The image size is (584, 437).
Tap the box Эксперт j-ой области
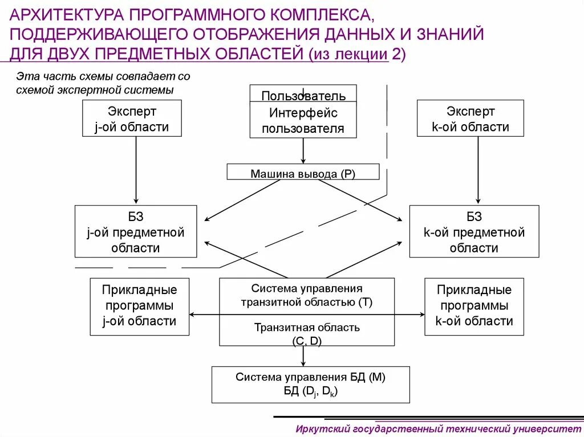tap(132, 119)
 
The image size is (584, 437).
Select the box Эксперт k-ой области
tap(471, 119)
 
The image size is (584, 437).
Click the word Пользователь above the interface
tap(303, 95)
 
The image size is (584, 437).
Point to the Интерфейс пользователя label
tap(303, 121)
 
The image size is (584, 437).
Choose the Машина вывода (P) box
tap(303, 173)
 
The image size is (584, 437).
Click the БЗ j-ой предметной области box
tap(136, 232)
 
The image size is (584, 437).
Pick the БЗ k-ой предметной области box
tap(474, 232)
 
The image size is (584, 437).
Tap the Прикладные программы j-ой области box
tap(139, 306)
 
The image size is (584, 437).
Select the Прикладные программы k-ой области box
tap(474, 306)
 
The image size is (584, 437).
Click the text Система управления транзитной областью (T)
tap(307, 295)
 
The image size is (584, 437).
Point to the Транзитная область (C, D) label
tap(307, 334)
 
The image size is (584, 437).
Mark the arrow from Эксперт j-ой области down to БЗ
tap(136, 171)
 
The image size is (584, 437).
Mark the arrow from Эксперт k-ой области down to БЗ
tap(478, 171)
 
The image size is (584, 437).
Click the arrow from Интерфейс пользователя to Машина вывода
tap(303, 150)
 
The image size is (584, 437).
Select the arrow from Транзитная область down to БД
tap(303, 356)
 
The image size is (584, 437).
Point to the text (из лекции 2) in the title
tap(357, 54)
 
